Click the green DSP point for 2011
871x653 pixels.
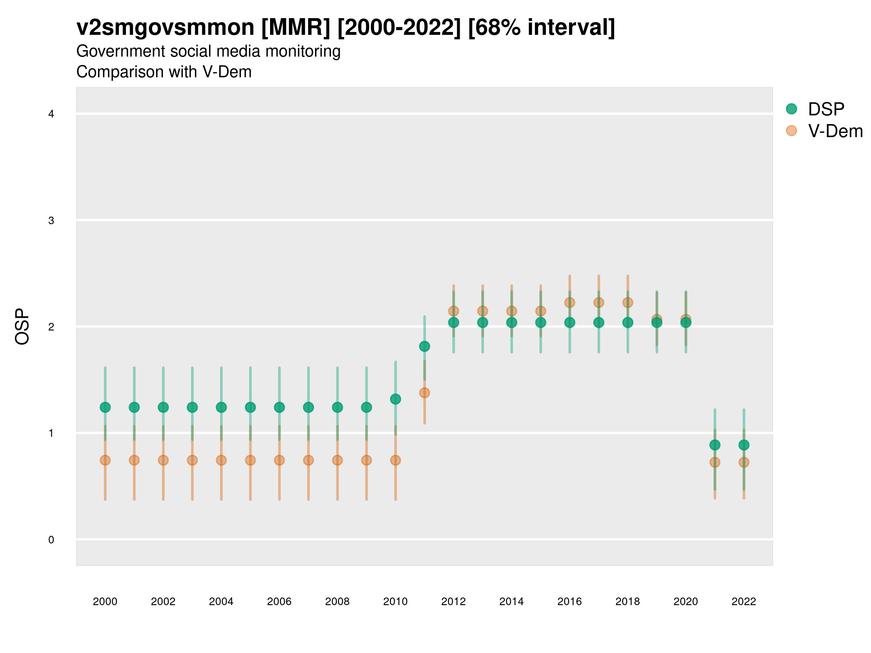(x=425, y=346)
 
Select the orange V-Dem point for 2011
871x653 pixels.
(x=425, y=393)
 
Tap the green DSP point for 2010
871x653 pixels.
(x=395, y=399)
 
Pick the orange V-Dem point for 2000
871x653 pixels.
(x=105, y=460)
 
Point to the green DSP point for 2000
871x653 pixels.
(x=105, y=407)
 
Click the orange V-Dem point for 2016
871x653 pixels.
(x=569, y=302)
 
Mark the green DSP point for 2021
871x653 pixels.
(x=715, y=445)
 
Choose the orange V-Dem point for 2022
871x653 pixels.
(x=744, y=462)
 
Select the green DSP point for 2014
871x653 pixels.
(x=511, y=323)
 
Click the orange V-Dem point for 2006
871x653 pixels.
(x=279, y=460)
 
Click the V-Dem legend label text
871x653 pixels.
(x=835, y=131)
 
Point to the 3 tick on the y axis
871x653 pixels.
(x=51, y=221)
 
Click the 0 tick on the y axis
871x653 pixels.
(x=51, y=540)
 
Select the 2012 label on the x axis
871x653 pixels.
(x=453, y=601)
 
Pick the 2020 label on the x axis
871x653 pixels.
(x=686, y=601)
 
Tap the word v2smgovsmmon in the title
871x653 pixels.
(x=165, y=28)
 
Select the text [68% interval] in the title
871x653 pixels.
(x=541, y=28)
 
